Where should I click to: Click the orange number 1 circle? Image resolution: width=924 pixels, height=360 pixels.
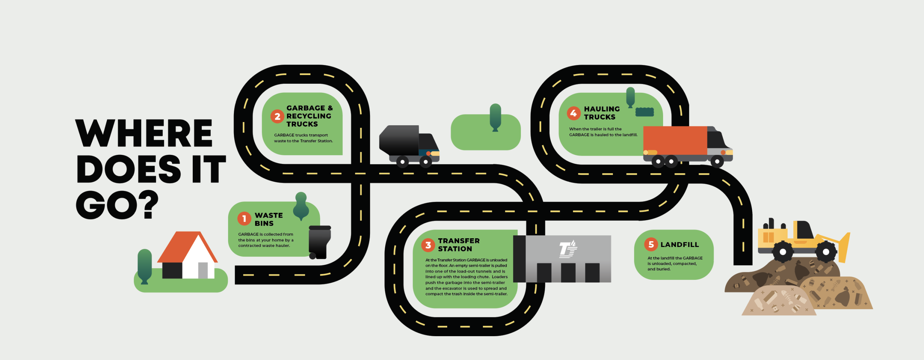[x=244, y=218]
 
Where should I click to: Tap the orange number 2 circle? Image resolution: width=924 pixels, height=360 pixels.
[x=277, y=116]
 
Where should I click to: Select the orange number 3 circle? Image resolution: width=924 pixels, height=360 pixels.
[x=428, y=245]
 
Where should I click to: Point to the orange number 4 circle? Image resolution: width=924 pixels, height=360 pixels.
[x=574, y=113]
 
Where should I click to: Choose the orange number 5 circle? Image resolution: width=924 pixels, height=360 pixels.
[x=651, y=244]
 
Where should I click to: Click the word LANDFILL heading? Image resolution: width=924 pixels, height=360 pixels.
[x=680, y=245]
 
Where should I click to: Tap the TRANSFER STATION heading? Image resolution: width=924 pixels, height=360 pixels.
[x=458, y=245]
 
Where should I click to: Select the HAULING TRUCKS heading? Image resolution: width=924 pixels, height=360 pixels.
[x=602, y=113]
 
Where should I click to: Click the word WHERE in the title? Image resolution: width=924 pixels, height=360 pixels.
[x=144, y=133]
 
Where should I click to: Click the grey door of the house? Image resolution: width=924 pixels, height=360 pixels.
[x=203, y=270]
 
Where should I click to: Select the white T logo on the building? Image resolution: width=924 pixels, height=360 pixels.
[x=567, y=250]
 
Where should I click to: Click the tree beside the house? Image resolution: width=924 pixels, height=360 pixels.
[x=145, y=265]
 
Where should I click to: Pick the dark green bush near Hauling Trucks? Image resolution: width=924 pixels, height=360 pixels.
[x=644, y=112]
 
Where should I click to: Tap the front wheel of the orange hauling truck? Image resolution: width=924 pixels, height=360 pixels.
[x=717, y=161]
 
